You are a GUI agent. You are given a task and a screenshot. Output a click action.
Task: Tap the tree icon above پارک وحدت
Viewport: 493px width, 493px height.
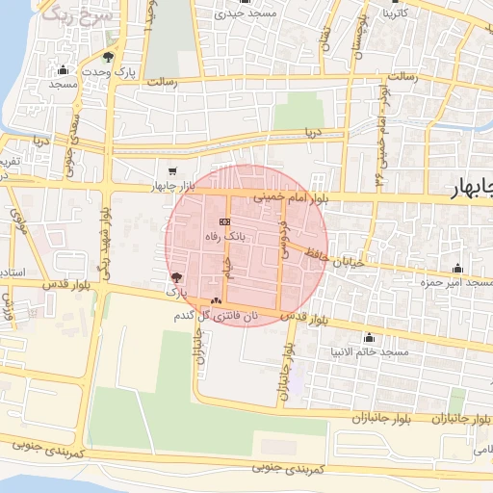pyautogui.click(x=108, y=57)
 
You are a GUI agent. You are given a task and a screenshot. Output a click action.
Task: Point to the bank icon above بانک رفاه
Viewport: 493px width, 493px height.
pyautogui.click(x=211, y=221)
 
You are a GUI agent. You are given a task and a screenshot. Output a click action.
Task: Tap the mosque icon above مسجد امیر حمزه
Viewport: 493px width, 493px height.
pyautogui.click(x=456, y=269)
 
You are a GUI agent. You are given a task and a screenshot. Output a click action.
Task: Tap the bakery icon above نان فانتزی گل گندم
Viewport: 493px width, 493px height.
pyautogui.click(x=215, y=301)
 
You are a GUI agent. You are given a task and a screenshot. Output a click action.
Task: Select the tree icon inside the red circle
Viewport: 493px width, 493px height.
pyautogui.click(x=174, y=276)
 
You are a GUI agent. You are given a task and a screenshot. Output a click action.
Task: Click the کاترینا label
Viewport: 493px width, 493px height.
pyautogui.click(x=401, y=14)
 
